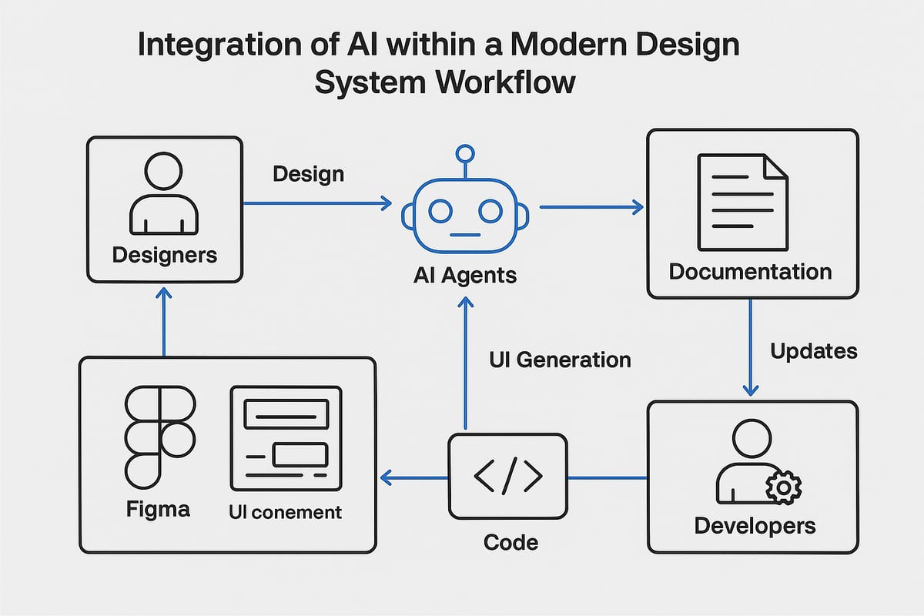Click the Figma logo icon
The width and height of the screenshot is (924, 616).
point(159,436)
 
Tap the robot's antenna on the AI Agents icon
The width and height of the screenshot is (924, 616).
point(464,154)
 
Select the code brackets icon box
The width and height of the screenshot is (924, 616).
point(507,476)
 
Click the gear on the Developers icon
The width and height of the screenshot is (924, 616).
point(784,487)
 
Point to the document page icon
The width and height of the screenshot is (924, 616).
point(742,202)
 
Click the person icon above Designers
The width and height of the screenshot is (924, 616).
point(163,193)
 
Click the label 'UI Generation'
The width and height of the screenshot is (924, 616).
point(560,360)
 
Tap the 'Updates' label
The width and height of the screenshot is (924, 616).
point(813,351)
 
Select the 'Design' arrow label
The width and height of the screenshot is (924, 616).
point(308,174)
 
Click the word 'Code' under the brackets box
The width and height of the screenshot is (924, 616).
point(511,542)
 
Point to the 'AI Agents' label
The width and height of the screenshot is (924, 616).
point(465,274)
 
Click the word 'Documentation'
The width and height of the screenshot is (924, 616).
point(750,272)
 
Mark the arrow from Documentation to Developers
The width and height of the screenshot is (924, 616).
point(751,346)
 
